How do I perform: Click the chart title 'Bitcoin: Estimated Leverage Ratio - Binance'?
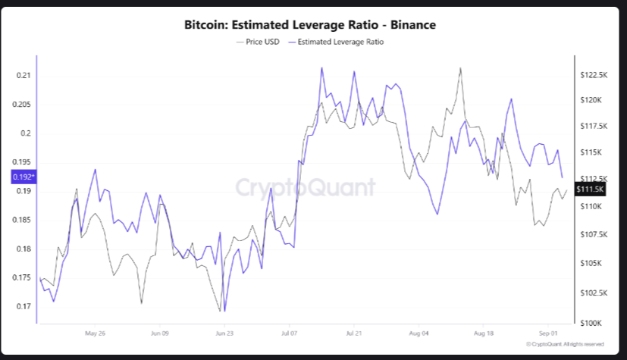point(309,25)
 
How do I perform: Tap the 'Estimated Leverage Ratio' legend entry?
point(340,42)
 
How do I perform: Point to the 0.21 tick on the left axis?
point(24,76)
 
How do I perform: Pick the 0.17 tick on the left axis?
point(24,307)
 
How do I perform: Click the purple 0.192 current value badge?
point(23,177)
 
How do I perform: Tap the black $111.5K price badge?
point(589,189)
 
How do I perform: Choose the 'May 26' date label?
point(96,333)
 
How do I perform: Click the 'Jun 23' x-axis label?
point(224,333)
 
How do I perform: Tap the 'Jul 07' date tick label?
point(289,333)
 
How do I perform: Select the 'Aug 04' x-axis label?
point(419,333)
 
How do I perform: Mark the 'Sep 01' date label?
point(548,333)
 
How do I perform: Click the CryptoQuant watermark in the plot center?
point(305,187)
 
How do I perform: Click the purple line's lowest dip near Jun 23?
point(225,311)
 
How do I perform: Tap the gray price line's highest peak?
point(460,68)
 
